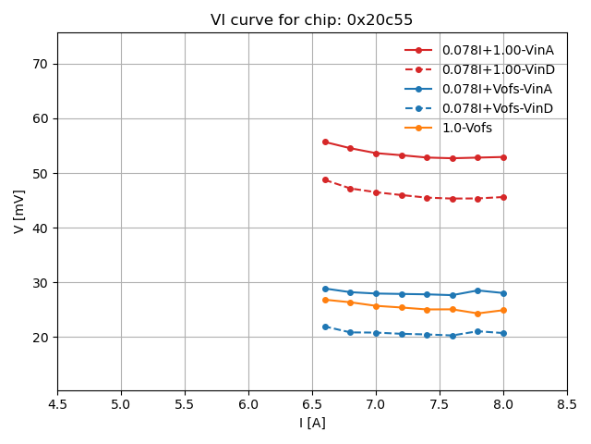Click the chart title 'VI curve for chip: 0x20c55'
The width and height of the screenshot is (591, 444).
pos(312,20)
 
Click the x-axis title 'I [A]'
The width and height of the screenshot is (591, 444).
pos(312,423)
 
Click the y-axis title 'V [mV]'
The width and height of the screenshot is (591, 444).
pos(19,211)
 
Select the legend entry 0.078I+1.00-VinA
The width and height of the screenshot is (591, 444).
pos(498,50)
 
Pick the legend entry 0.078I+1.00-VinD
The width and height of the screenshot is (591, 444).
pos(498,69)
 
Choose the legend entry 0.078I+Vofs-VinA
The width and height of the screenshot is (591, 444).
pos(498,89)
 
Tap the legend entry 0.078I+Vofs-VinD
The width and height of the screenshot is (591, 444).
pos(498,108)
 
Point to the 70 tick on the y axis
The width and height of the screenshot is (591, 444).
pos(42,65)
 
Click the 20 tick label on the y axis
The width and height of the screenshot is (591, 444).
pos(42,338)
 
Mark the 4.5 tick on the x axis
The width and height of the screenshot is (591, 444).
pos(57,404)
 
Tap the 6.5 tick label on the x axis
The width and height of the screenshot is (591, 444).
pos(312,404)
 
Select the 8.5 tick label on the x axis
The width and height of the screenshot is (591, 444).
pos(567,404)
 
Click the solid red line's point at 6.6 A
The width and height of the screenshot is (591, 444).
pos(325,142)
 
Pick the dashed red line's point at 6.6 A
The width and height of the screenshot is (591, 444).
pos(325,179)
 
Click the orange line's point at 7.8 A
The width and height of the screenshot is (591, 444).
pos(477,314)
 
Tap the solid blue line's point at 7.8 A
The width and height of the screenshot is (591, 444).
pos(477,290)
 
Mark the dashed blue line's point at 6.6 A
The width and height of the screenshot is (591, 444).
pos(325,327)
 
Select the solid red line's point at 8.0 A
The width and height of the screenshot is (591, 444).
pos(503,157)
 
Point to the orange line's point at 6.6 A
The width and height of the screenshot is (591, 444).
pos(325,300)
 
